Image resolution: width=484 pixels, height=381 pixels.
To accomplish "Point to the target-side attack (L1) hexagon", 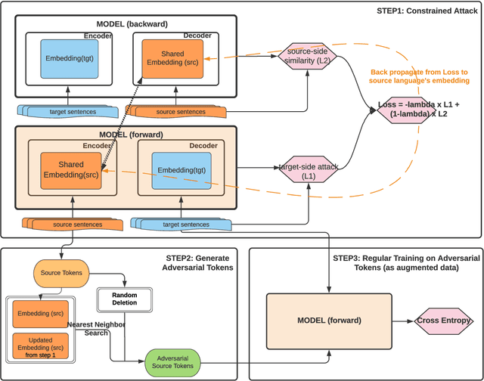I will coord(307,169).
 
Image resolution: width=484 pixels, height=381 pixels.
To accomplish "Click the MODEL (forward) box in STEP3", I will coord(327,321).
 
